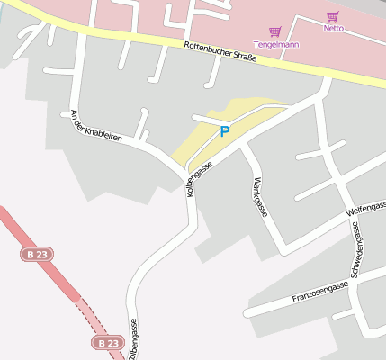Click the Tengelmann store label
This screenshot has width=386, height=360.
point(276,44)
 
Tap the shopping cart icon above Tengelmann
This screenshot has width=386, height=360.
point(275,31)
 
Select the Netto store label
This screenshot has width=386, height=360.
point(334,28)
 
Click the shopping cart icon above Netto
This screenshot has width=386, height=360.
point(333,16)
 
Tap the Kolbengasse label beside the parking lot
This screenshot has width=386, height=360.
point(198,178)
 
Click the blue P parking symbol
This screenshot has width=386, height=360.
point(225,131)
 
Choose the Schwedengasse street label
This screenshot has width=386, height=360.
point(356,253)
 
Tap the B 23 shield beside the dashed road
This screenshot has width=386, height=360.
point(108,343)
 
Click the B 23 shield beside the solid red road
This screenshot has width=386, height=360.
point(37,255)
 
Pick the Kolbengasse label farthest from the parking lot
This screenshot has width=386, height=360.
point(133,340)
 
